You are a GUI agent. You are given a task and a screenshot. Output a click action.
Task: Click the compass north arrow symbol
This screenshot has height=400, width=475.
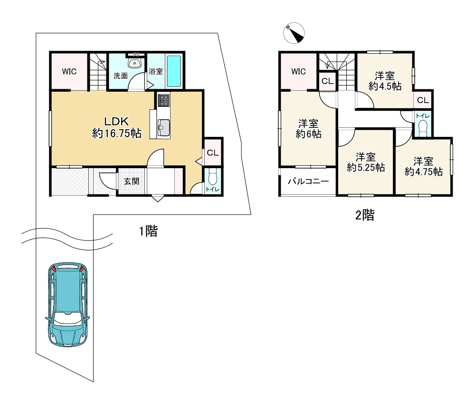[x=294, y=33]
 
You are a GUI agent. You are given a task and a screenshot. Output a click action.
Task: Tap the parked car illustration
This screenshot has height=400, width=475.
[x=67, y=304]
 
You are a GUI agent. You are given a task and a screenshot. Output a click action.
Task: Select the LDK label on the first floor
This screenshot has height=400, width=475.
[x=117, y=122]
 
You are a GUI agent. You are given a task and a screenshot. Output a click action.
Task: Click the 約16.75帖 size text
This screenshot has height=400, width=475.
[x=117, y=133]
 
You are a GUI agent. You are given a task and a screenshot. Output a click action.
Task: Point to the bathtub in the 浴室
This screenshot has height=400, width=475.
[x=174, y=71]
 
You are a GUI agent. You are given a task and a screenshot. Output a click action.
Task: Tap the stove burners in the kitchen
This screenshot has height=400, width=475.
[x=164, y=100]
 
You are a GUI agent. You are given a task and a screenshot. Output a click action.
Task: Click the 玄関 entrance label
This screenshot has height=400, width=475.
[x=132, y=181]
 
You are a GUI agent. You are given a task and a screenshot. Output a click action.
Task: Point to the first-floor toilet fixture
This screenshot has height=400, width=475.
[x=213, y=177]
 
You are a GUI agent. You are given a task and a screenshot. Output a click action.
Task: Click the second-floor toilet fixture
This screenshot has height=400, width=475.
[x=423, y=128]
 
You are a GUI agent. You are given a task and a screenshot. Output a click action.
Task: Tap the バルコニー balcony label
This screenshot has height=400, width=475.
[x=308, y=181]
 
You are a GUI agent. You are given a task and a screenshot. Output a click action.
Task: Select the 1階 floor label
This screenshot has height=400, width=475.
[x=148, y=231]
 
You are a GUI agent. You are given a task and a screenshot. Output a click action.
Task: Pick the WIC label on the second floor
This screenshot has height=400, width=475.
[x=298, y=72]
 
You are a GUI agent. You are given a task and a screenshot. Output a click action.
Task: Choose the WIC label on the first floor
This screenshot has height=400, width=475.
[x=69, y=72]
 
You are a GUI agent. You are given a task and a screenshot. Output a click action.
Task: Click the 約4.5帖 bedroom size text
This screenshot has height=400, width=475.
[x=385, y=86]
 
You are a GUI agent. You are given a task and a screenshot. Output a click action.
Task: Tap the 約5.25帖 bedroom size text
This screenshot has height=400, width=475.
[x=366, y=167]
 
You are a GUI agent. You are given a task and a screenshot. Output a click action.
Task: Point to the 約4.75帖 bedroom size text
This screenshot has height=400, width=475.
[x=423, y=172]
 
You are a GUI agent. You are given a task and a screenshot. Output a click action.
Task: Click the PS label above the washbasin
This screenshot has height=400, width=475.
[x=136, y=55]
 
